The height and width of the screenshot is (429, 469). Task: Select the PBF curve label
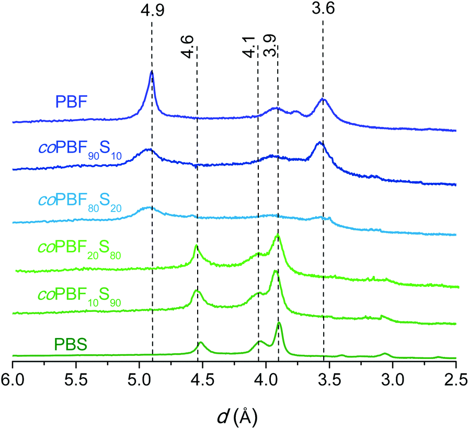point(71,100)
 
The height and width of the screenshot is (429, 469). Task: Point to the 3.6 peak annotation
point(323,10)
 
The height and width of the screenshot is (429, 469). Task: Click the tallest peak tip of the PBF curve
point(152,72)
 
